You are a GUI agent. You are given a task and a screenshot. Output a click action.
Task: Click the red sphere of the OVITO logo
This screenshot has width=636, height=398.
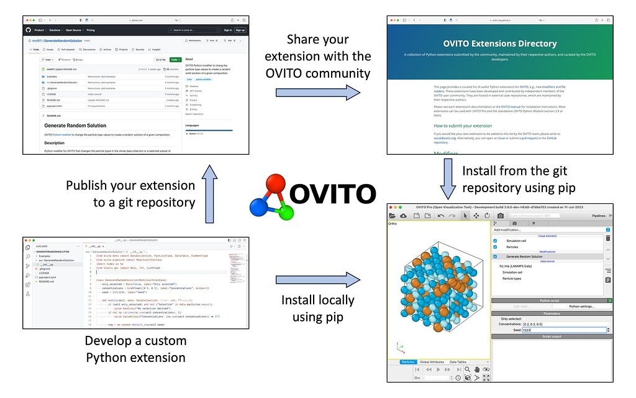(x=271, y=185)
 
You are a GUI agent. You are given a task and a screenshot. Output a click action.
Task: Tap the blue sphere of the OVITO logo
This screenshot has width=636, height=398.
(x=258, y=206)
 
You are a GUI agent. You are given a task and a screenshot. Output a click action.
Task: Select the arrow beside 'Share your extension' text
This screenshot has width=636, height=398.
(x=317, y=92)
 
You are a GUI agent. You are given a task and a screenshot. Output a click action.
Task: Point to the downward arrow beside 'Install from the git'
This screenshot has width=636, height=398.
(x=450, y=178)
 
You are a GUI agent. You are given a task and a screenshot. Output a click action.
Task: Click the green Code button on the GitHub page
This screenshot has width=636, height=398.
(x=176, y=60)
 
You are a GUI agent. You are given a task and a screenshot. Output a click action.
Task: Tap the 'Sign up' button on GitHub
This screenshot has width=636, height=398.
(x=240, y=30)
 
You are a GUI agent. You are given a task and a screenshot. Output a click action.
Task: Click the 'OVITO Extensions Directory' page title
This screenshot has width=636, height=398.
(x=500, y=44)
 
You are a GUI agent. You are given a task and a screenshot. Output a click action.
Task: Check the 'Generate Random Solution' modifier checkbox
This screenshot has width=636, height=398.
(x=495, y=256)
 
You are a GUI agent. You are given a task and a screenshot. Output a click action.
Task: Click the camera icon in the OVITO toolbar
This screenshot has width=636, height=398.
(x=501, y=215)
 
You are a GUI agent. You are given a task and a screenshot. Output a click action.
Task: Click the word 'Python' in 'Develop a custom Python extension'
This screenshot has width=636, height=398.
(x=107, y=358)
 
